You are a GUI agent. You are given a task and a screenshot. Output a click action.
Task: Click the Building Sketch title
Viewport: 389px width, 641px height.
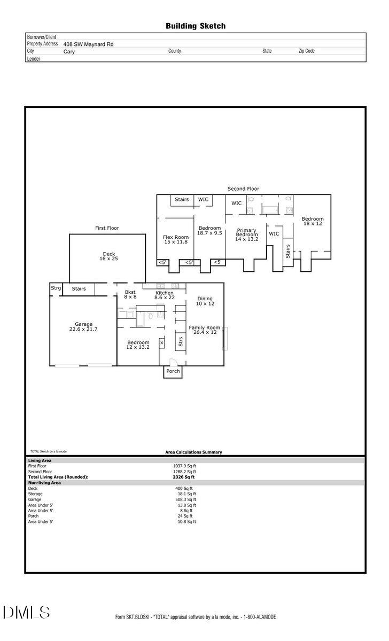195,26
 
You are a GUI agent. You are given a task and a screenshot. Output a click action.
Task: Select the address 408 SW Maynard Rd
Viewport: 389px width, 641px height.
88,45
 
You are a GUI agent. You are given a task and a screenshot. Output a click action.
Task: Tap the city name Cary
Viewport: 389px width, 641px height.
69,52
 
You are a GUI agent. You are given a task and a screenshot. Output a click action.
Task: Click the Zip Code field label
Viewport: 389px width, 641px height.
306,51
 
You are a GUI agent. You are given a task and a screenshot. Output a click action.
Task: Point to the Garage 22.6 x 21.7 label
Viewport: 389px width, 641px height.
83,327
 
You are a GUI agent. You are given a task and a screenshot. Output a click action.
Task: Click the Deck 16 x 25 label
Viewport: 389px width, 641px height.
109,256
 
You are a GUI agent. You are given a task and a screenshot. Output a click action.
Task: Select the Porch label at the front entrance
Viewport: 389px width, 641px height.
173,371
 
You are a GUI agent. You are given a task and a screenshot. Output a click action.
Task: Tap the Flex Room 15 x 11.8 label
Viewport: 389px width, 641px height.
175,240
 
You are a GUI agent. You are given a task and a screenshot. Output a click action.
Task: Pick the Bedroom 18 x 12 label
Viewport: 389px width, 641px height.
312,222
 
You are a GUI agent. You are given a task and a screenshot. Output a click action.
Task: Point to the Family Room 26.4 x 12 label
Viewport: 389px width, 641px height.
204,330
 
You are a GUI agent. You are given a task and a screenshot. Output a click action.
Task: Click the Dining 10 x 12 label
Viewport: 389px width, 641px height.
205,301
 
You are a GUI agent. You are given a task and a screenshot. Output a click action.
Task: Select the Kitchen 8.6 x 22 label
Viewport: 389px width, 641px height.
164,296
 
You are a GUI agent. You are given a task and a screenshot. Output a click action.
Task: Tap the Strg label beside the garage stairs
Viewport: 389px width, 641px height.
56,288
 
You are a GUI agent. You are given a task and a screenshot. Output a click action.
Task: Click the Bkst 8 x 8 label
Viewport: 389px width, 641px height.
130,294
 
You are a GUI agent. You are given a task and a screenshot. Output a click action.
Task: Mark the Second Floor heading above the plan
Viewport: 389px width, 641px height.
243,189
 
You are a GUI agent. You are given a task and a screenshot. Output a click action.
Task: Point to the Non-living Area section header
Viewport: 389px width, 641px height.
44,482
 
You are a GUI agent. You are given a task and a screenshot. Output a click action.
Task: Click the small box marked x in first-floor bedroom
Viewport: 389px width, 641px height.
161,342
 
